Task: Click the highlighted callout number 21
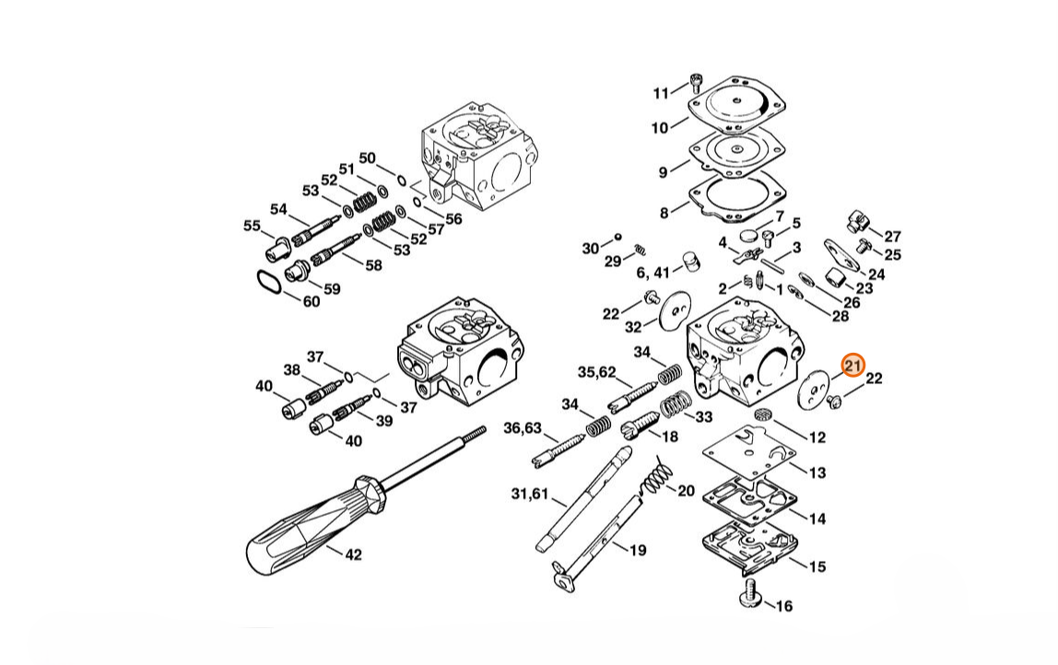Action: coord(852,366)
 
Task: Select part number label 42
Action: coord(354,554)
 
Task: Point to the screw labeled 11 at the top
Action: coord(697,82)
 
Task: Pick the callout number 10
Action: coord(659,127)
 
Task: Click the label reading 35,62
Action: coord(596,372)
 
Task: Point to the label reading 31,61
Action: coord(530,494)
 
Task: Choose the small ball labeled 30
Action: coord(617,237)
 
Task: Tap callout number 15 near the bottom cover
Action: coord(817,566)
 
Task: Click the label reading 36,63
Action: coord(523,427)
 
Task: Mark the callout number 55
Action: coord(252,226)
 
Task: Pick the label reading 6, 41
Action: coord(653,273)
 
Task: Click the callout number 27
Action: coord(893,236)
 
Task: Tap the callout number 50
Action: coord(367,157)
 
